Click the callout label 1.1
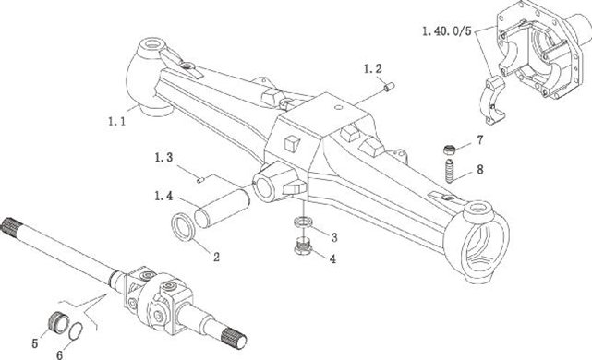coord(116,122)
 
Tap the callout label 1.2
coord(373,68)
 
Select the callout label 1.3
coord(163,157)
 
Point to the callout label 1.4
coord(163,196)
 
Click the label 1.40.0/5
coord(447,31)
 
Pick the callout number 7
coord(480,140)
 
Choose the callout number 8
coord(480,170)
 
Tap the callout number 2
coord(216,257)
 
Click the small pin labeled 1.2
coord(389,87)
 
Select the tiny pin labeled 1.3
coord(200,180)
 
